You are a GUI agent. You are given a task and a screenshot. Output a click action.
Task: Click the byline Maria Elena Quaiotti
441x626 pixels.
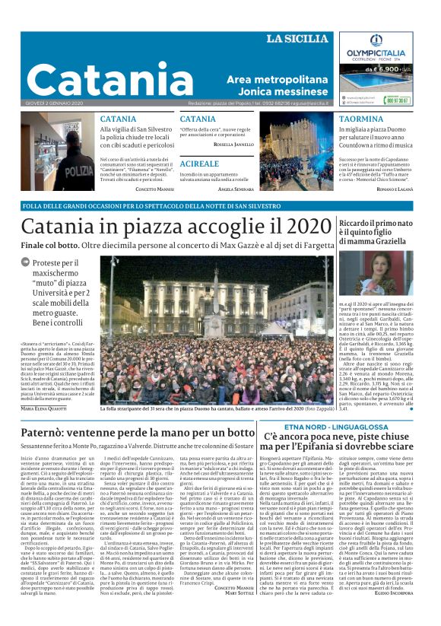tap(42, 408)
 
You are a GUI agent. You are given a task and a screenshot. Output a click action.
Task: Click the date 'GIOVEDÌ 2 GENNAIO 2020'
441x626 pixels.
tap(57, 103)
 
